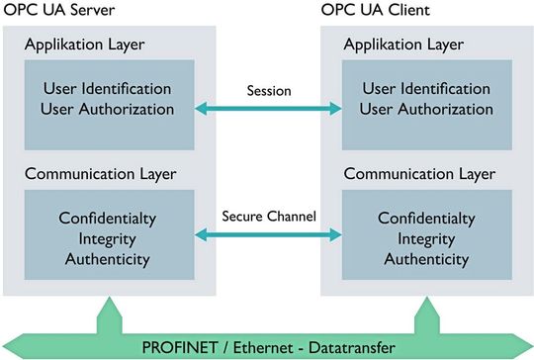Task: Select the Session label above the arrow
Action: [x=267, y=90]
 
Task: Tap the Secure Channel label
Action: [x=267, y=215]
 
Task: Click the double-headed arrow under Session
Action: [x=267, y=108]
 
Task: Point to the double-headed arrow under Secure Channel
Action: [x=267, y=234]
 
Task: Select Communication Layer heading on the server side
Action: [x=101, y=173]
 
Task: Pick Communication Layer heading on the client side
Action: [x=419, y=173]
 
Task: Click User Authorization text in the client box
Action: [x=425, y=108]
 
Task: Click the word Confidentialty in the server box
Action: [x=107, y=218]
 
